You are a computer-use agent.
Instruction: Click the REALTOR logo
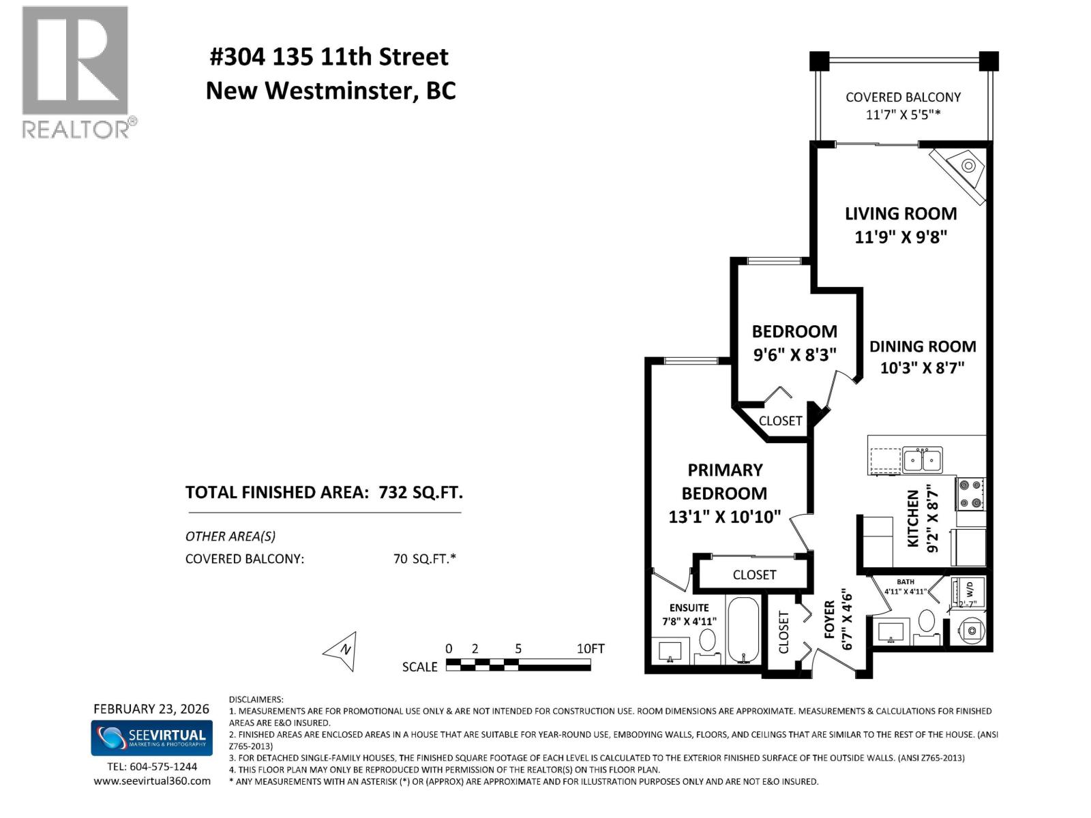click(75, 72)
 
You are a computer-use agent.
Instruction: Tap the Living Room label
click(901, 213)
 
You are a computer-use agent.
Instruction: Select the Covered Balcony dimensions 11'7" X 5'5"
click(903, 115)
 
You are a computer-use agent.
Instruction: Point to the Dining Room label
click(922, 346)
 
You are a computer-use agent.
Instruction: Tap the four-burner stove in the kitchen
click(971, 494)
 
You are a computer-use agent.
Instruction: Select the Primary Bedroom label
click(724, 481)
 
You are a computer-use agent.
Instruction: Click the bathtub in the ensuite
click(743, 631)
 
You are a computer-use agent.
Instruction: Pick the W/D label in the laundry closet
click(970, 588)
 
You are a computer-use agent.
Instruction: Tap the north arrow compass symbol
click(342, 651)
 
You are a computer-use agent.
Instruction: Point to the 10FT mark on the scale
click(590, 649)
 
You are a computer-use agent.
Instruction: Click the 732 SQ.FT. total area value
click(420, 492)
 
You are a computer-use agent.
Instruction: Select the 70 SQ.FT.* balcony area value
click(424, 559)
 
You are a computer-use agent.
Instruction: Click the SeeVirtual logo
click(151, 739)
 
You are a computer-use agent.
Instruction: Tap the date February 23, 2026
click(151, 709)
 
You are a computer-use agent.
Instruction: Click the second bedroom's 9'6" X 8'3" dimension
click(794, 355)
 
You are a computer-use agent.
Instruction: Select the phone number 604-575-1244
click(163, 766)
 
